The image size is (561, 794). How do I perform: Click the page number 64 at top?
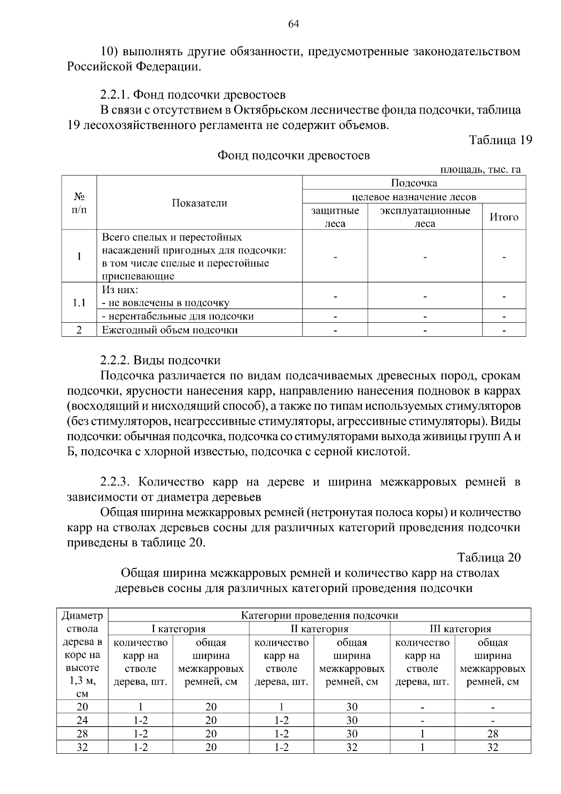pos(294,24)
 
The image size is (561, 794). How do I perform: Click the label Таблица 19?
pos(500,140)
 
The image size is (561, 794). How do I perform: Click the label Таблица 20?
pos(489,557)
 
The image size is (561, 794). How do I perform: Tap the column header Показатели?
pos(199,203)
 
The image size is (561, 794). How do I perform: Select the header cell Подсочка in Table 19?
pos(414,183)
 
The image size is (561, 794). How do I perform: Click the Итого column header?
pos(503,217)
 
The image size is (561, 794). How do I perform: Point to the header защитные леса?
pos(335,217)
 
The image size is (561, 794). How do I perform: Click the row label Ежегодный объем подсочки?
pos(170,330)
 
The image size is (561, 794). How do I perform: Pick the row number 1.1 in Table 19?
pos(79,303)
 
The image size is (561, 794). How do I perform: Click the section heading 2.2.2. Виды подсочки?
pos(160,361)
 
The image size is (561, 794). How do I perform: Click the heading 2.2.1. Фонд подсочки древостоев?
pos(193,95)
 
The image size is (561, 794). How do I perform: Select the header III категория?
pos(460,628)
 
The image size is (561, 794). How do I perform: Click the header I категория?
pos(178,628)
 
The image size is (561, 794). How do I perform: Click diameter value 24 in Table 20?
pos(82,720)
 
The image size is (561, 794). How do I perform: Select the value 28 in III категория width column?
pos(492,734)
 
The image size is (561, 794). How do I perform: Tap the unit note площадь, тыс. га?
pos(481,170)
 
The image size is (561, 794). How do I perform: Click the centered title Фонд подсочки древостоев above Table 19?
pos(294,155)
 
